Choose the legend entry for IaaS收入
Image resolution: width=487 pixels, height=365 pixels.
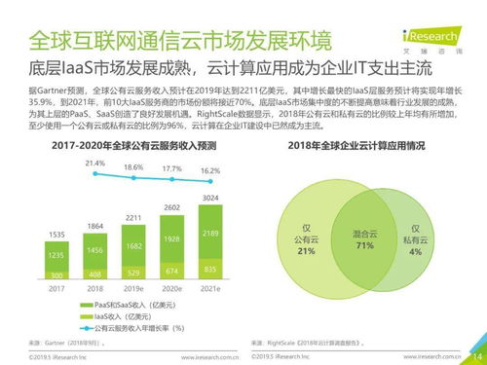point(122,315)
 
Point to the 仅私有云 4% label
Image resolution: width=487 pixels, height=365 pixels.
point(416,239)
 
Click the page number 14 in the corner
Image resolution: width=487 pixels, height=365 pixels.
point(474,354)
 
